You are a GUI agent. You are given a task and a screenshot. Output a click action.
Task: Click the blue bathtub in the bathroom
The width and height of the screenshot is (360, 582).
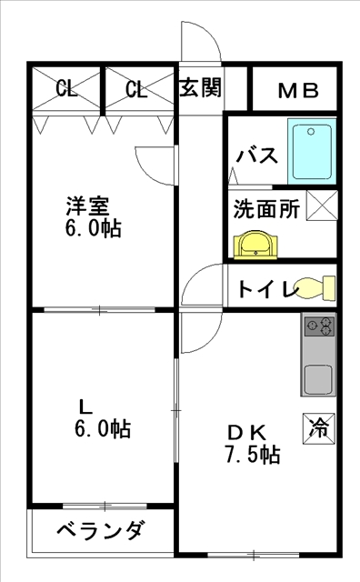(x=312, y=152)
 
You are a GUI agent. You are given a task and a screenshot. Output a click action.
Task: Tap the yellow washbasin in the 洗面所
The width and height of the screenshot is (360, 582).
(x=255, y=245)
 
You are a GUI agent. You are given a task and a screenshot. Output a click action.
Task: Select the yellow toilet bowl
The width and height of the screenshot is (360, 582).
(x=315, y=287)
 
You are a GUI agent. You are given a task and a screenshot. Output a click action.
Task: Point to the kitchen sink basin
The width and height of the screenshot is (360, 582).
(x=318, y=379)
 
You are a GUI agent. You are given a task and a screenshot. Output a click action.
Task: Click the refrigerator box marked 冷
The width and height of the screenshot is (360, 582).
(x=319, y=428)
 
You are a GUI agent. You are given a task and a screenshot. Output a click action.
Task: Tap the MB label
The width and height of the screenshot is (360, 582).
(x=298, y=91)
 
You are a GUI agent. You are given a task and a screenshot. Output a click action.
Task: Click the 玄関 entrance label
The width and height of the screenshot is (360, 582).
(x=200, y=87)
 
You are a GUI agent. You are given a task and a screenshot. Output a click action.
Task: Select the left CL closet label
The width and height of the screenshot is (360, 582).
(x=66, y=89)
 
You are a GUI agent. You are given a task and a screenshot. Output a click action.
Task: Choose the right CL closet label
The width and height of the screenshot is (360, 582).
(x=136, y=89)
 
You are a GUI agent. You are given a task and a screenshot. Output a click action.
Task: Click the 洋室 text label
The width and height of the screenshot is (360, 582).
(x=87, y=206)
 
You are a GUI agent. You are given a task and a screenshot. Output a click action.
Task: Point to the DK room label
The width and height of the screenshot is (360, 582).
(x=247, y=432)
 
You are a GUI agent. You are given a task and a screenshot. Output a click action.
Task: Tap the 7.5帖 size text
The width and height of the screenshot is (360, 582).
(x=253, y=454)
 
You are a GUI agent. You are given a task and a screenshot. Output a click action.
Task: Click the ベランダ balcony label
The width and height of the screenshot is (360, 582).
(x=100, y=530)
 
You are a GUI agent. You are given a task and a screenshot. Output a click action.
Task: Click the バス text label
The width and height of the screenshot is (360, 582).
(x=257, y=156)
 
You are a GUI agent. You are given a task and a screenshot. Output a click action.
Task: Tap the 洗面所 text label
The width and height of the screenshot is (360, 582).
(x=266, y=209)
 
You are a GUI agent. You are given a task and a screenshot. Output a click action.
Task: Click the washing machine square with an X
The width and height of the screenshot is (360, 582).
(x=322, y=206)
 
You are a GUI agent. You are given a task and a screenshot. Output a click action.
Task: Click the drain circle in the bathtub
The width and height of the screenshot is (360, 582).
(x=311, y=132)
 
